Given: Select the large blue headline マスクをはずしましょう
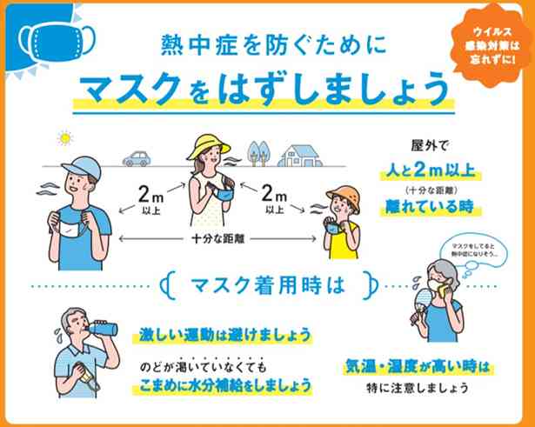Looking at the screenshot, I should tap(264, 89).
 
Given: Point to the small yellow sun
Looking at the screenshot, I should tap(63, 137).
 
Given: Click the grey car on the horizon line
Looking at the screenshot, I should tap(137, 158).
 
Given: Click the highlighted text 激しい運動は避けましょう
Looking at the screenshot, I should tap(224, 335).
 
